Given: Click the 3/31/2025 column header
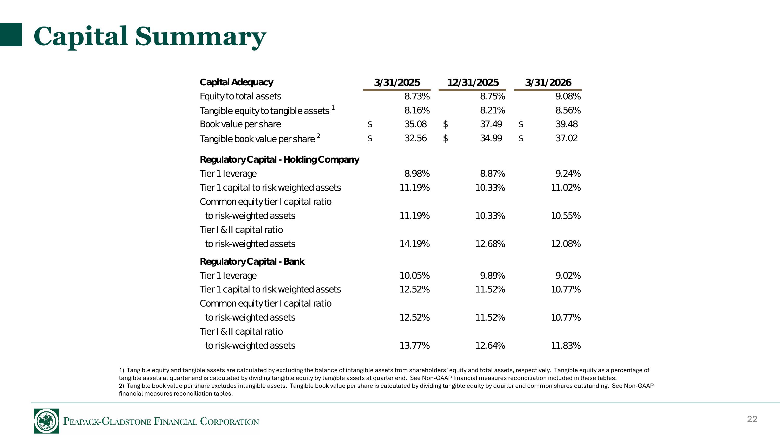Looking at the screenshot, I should click(x=397, y=82).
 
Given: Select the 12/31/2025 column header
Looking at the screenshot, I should click(x=473, y=82).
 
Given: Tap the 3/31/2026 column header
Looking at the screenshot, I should click(x=548, y=82).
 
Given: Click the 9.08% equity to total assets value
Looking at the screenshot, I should click(x=568, y=96).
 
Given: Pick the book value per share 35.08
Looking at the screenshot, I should click(x=415, y=124).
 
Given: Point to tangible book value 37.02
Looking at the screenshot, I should click(x=567, y=138).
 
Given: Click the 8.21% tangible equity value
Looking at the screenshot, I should click(x=492, y=110).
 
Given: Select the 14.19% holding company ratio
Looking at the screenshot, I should click(x=414, y=244).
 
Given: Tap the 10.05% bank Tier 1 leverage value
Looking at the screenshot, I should click(x=414, y=276).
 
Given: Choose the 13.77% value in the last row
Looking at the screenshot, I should click(x=414, y=346).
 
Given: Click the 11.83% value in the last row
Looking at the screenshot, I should click(x=565, y=346).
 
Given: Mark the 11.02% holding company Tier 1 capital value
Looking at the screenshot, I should click(x=565, y=188).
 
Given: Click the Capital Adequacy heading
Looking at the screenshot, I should click(x=236, y=82).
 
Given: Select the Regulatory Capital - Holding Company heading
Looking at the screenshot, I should click(x=279, y=160).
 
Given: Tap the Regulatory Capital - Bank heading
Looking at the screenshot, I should click(x=252, y=262).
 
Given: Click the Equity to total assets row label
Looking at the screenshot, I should click(x=240, y=96).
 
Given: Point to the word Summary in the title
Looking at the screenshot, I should click(x=200, y=36).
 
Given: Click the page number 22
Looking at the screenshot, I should click(x=752, y=419).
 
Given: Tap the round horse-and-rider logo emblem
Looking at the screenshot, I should click(x=46, y=421).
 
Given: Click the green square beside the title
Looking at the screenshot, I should click(x=11, y=35).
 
